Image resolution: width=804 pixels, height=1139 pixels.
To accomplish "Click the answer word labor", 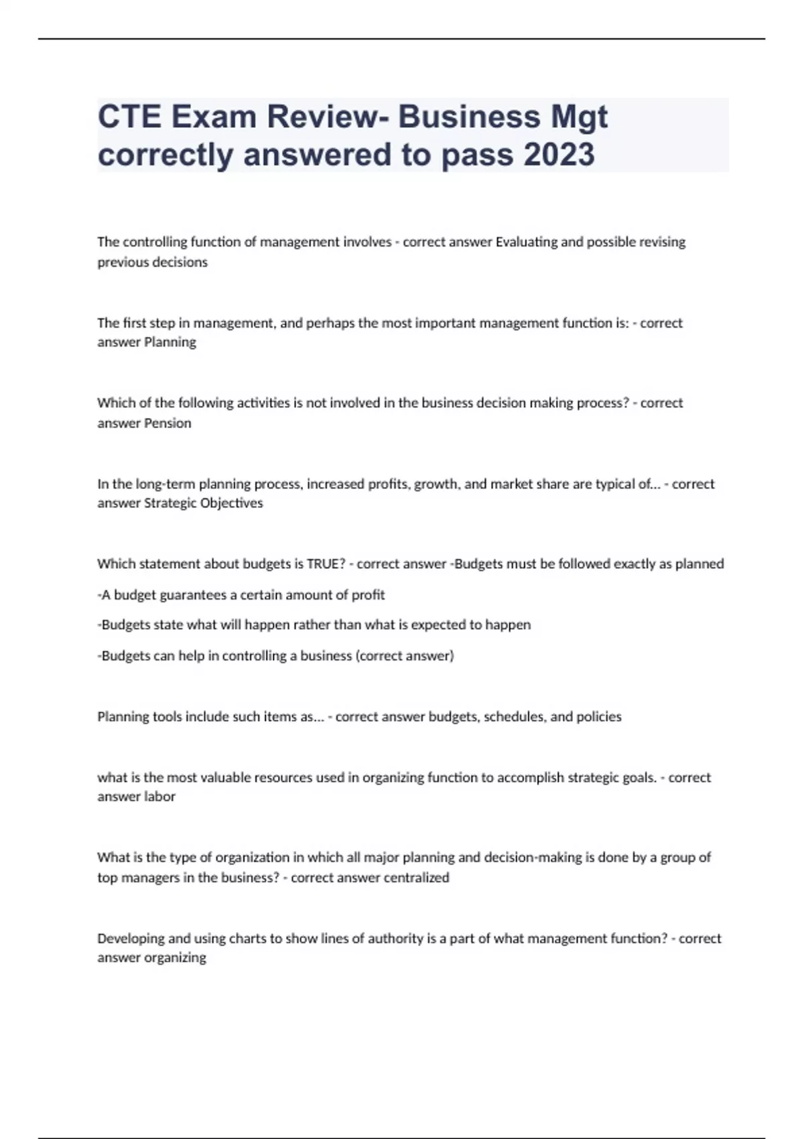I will point(160,797).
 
